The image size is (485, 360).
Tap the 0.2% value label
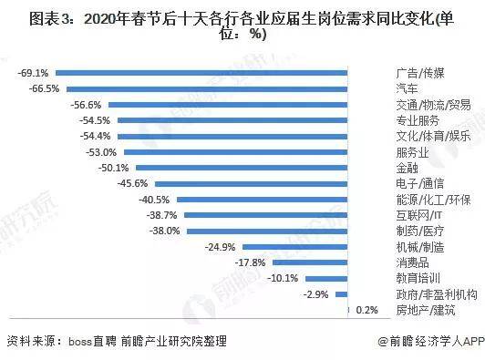[367, 311]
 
